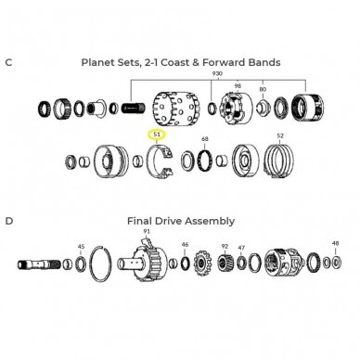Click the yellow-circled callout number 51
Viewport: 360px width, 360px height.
coord(157,135)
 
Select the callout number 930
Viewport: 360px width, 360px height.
coord(217,73)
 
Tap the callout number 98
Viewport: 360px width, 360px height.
coord(238,85)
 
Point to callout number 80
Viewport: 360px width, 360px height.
coord(263,89)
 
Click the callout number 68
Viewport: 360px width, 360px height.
coord(205,139)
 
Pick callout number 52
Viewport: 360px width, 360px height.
coord(280,135)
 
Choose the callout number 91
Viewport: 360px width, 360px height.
coord(147,231)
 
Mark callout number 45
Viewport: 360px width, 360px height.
coord(81,247)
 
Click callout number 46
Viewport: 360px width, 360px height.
coord(185,244)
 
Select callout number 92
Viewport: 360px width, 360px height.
coord(225,246)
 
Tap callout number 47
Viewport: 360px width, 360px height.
coord(241,248)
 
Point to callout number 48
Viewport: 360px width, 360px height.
coord(336,243)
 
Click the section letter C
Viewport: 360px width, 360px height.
coord(8,62)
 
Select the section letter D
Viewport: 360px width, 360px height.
coord(9,221)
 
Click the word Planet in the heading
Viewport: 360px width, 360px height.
coord(98,62)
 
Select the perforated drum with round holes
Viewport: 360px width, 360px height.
coord(176,109)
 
